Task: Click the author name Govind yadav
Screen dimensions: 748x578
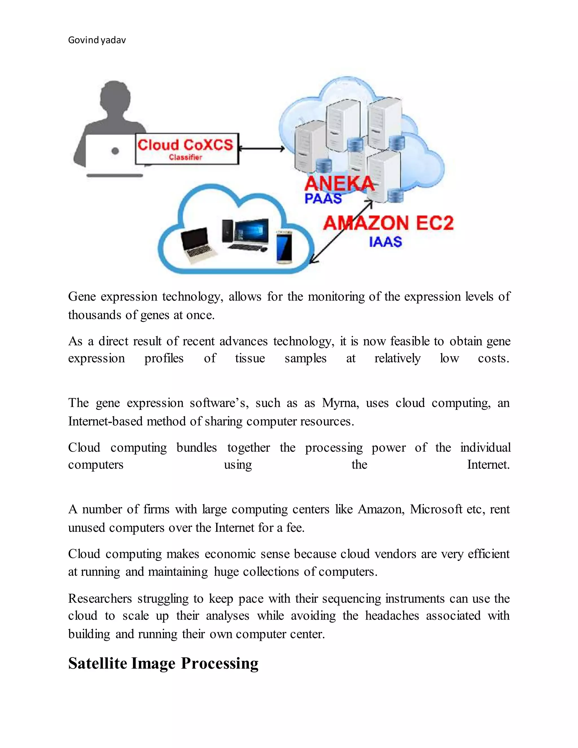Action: click(x=97, y=40)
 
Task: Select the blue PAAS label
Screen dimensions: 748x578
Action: click(x=323, y=199)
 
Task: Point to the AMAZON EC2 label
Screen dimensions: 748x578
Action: click(x=388, y=223)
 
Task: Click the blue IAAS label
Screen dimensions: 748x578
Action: click(x=385, y=242)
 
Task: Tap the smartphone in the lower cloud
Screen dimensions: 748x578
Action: click(x=284, y=247)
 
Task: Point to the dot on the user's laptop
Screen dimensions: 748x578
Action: click(x=115, y=151)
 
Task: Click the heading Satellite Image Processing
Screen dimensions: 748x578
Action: click(x=163, y=663)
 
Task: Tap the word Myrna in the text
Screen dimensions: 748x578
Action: click(x=340, y=403)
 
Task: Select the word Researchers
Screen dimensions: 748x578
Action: click(x=100, y=598)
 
